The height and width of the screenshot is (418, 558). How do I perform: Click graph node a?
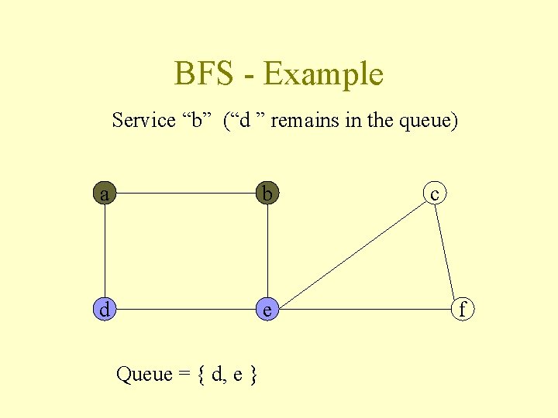pos(105,194)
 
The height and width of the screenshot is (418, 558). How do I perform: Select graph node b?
pos(267,194)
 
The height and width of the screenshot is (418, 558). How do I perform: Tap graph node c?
pos(435,194)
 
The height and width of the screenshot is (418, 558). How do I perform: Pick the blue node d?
pos(105,310)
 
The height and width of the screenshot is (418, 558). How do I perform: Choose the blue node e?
pos(267,310)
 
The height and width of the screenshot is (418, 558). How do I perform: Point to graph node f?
pos(463,310)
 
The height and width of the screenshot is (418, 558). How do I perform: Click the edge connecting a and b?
pos(186,194)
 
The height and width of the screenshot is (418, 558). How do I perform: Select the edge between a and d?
pos(105,252)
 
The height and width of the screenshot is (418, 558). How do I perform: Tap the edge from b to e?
pos(267,252)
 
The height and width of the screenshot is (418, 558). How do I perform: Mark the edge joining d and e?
pos(186,310)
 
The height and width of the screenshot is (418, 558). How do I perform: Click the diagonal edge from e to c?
pos(350,252)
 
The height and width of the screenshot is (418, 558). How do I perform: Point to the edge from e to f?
pos(364,310)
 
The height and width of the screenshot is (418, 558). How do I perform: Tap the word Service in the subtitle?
pos(144,121)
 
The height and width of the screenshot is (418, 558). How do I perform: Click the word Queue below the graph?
pos(143,375)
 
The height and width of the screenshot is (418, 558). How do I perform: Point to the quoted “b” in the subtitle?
pos(198,121)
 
